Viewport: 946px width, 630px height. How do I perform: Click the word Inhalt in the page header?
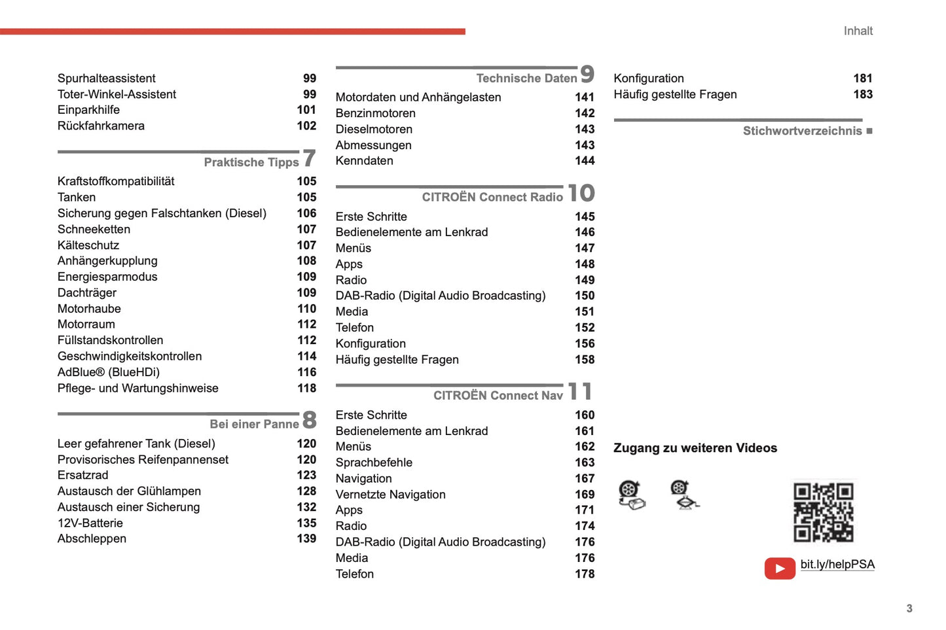click(858, 31)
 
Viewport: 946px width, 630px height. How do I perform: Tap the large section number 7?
click(309, 158)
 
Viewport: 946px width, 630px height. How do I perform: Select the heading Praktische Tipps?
click(251, 162)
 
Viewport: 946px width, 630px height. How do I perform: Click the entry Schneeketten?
click(94, 229)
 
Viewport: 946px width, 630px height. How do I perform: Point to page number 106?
click(306, 213)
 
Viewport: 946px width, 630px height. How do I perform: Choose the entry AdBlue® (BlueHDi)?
click(109, 372)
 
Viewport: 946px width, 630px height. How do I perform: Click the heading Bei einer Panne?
click(254, 424)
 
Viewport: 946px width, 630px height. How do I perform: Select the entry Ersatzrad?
click(83, 475)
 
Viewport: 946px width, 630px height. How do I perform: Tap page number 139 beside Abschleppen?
click(306, 538)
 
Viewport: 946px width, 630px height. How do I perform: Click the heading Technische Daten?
click(526, 79)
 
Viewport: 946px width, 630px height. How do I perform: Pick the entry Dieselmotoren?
click(374, 129)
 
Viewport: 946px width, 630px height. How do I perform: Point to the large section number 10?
click(581, 193)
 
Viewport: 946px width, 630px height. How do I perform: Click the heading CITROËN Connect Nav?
click(498, 395)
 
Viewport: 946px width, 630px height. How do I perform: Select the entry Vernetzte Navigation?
click(390, 495)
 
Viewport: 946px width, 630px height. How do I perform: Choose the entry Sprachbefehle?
click(374, 463)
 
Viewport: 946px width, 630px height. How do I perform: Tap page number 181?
click(862, 79)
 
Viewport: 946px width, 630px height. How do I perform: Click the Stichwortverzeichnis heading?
click(802, 131)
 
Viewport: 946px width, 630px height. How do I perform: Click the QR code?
click(823, 512)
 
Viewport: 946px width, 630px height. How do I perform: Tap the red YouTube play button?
click(780, 568)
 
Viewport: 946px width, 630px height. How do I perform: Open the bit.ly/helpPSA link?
click(837, 565)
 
